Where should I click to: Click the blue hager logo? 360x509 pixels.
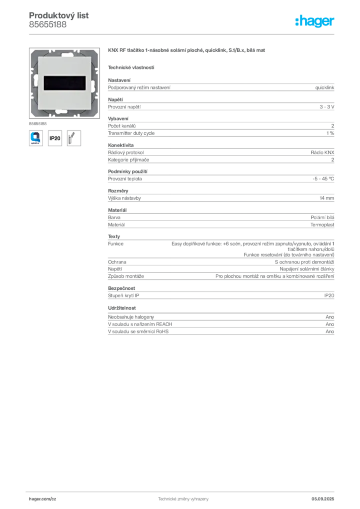[315, 22]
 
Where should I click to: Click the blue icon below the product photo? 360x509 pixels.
[36, 137]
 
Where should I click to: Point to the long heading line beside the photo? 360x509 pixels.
[187, 51]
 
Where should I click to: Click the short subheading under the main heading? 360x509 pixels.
[131, 67]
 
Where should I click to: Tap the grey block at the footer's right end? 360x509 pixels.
[326, 495]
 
